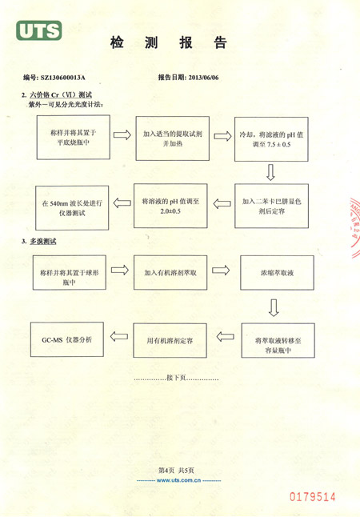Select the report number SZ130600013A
[62, 78]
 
